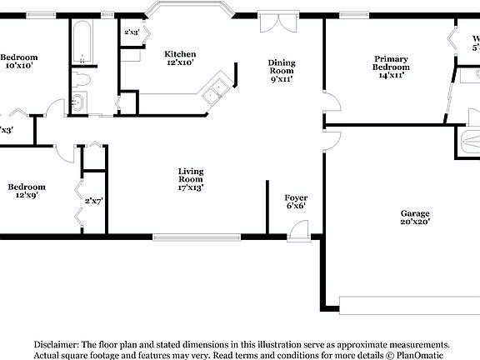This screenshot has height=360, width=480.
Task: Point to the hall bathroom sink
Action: point(77,102)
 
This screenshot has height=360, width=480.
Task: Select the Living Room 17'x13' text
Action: point(190,180)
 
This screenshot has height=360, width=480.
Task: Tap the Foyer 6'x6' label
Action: point(296,201)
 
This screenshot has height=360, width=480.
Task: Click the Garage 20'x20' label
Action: point(414,217)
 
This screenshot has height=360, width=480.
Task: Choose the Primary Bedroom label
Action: point(390,67)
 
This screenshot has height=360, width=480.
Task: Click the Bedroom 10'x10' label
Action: point(17,60)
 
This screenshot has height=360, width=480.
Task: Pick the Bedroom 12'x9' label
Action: point(27,192)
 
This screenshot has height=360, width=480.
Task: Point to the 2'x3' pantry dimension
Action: point(132,33)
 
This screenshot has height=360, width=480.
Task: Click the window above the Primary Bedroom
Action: point(355,14)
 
